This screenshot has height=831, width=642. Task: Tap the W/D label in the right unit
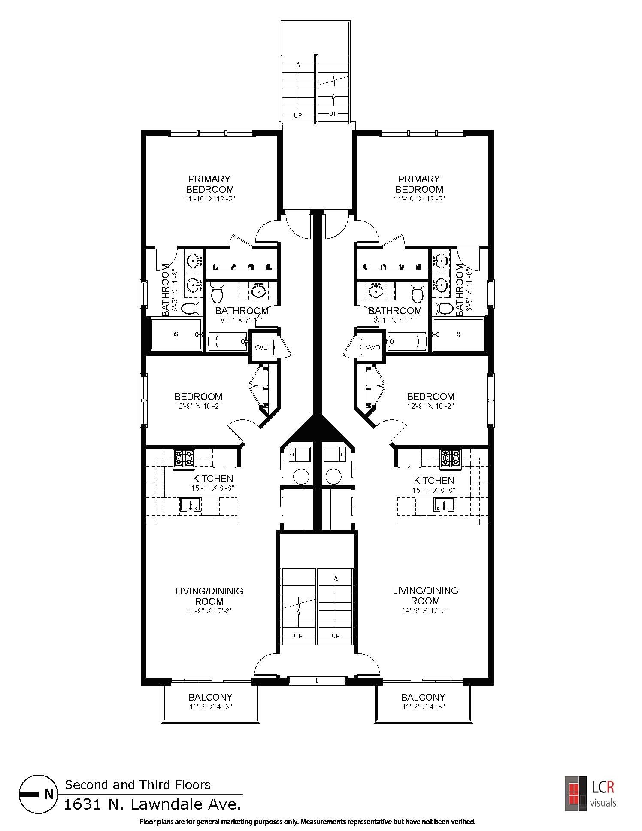pyautogui.click(x=373, y=347)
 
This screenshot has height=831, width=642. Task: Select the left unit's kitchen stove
pyautogui.click(x=183, y=458)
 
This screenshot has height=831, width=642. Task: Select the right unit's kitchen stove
pyautogui.click(x=450, y=458)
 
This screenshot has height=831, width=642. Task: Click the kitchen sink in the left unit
pyautogui.click(x=191, y=504)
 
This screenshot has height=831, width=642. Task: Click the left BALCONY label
pyautogui.click(x=210, y=697)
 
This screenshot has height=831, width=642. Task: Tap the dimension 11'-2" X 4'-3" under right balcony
pyautogui.click(x=423, y=707)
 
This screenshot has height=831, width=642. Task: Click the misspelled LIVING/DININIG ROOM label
pyautogui.click(x=209, y=596)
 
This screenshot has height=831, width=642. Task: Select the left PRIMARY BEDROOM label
pyautogui.click(x=210, y=184)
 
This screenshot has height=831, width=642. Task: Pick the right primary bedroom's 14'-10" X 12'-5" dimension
pyautogui.click(x=419, y=199)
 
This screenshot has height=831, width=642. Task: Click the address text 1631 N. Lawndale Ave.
pyautogui.click(x=152, y=804)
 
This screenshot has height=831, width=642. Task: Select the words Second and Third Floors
pyautogui.click(x=137, y=785)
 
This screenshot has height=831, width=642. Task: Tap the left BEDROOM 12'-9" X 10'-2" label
pyautogui.click(x=198, y=400)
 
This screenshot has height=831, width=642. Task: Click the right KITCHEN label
pyautogui.click(x=434, y=480)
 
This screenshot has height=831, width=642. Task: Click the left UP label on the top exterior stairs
pyautogui.click(x=298, y=115)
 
